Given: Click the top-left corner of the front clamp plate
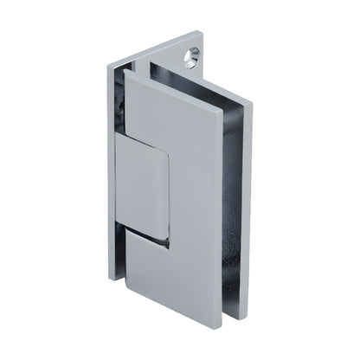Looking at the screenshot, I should coord(125,71).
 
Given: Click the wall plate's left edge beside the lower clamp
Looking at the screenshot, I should coord(111,251).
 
